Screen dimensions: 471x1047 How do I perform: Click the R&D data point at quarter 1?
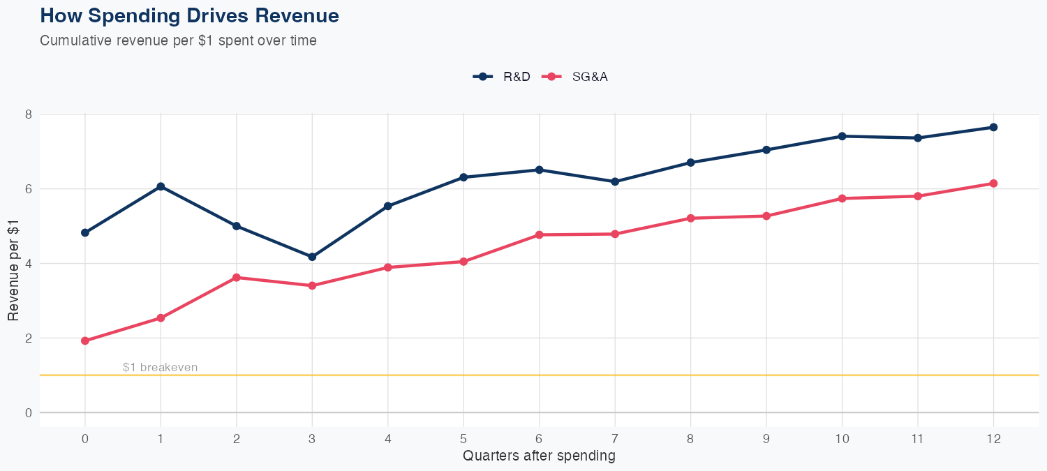pyautogui.click(x=161, y=186)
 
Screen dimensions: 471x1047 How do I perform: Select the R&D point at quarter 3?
pyautogui.click(x=312, y=257)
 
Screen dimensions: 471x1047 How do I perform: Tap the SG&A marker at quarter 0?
pyautogui.click(x=85, y=341)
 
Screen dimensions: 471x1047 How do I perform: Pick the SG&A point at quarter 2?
pyautogui.click(x=237, y=278)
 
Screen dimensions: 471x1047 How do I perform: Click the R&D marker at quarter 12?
pyautogui.click(x=993, y=127)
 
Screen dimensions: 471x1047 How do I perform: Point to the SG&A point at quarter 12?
pyautogui.click(x=993, y=184)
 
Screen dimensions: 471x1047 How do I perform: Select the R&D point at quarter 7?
pyautogui.click(x=615, y=181)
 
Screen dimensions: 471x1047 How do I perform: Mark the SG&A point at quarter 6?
pyautogui.click(x=539, y=234)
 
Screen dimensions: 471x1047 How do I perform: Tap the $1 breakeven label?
pyautogui.click(x=160, y=367)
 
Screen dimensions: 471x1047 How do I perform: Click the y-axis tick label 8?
pyautogui.click(x=29, y=114)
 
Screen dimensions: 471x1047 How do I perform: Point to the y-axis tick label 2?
pyautogui.click(x=29, y=338)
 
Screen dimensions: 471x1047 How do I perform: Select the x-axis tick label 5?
pyautogui.click(x=463, y=439)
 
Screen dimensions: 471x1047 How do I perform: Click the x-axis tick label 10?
pyautogui.click(x=842, y=439)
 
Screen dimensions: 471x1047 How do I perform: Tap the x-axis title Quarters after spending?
pyautogui.click(x=539, y=456)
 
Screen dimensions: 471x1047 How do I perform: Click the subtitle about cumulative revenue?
pyautogui.click(x=178, y=40)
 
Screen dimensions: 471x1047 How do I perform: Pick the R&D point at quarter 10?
pyautogui.click(x=842, y=136)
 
